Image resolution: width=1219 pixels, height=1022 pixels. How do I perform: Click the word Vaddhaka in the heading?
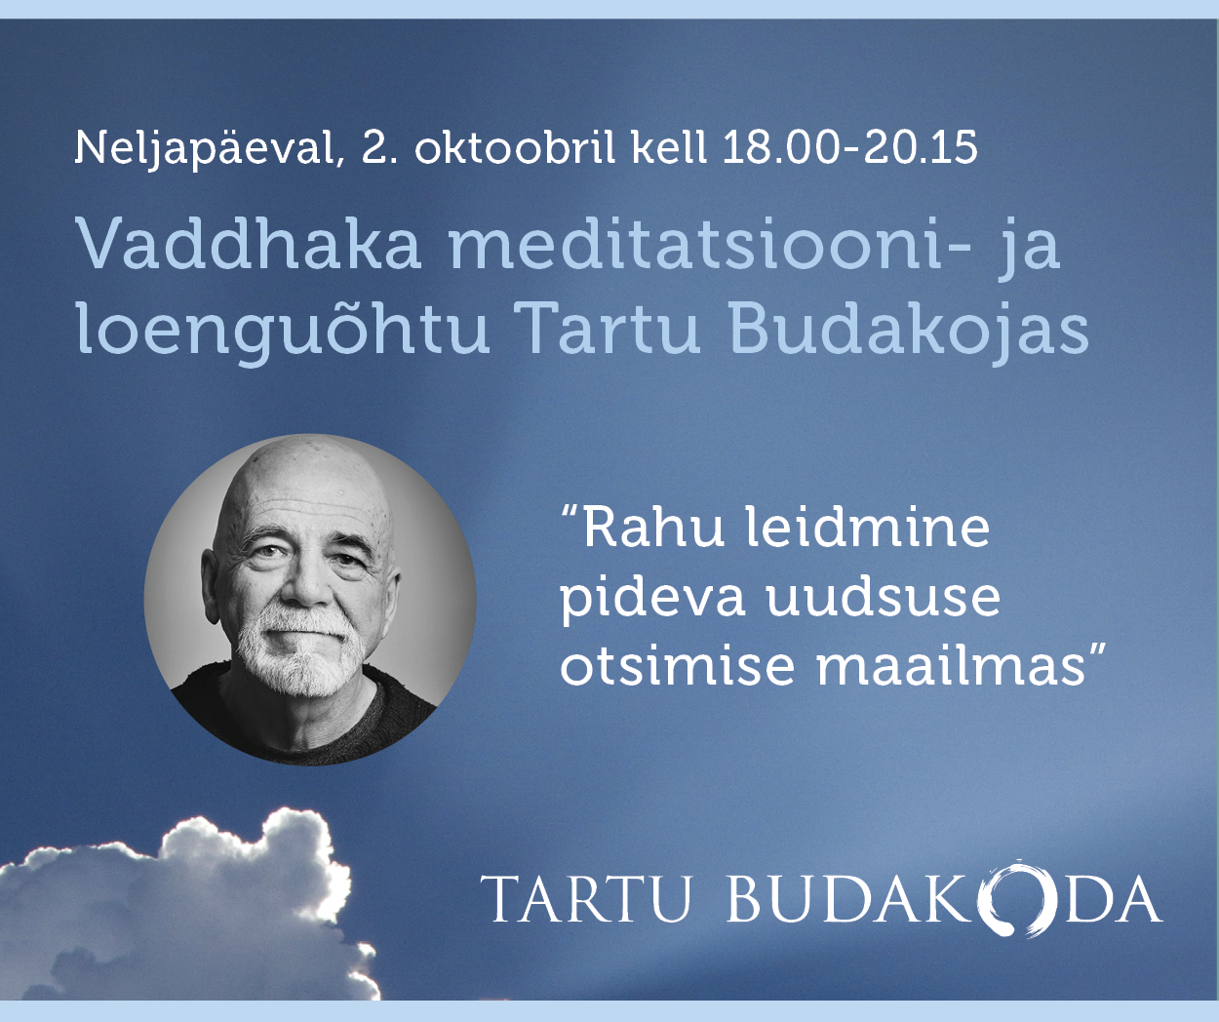[x=248, y=243]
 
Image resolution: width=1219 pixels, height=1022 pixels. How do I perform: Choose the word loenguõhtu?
[x=283, y=329]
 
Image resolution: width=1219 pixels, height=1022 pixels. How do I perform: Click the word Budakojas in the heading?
[x=909, y=329]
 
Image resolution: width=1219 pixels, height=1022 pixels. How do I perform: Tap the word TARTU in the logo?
[x=585, y=899]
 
